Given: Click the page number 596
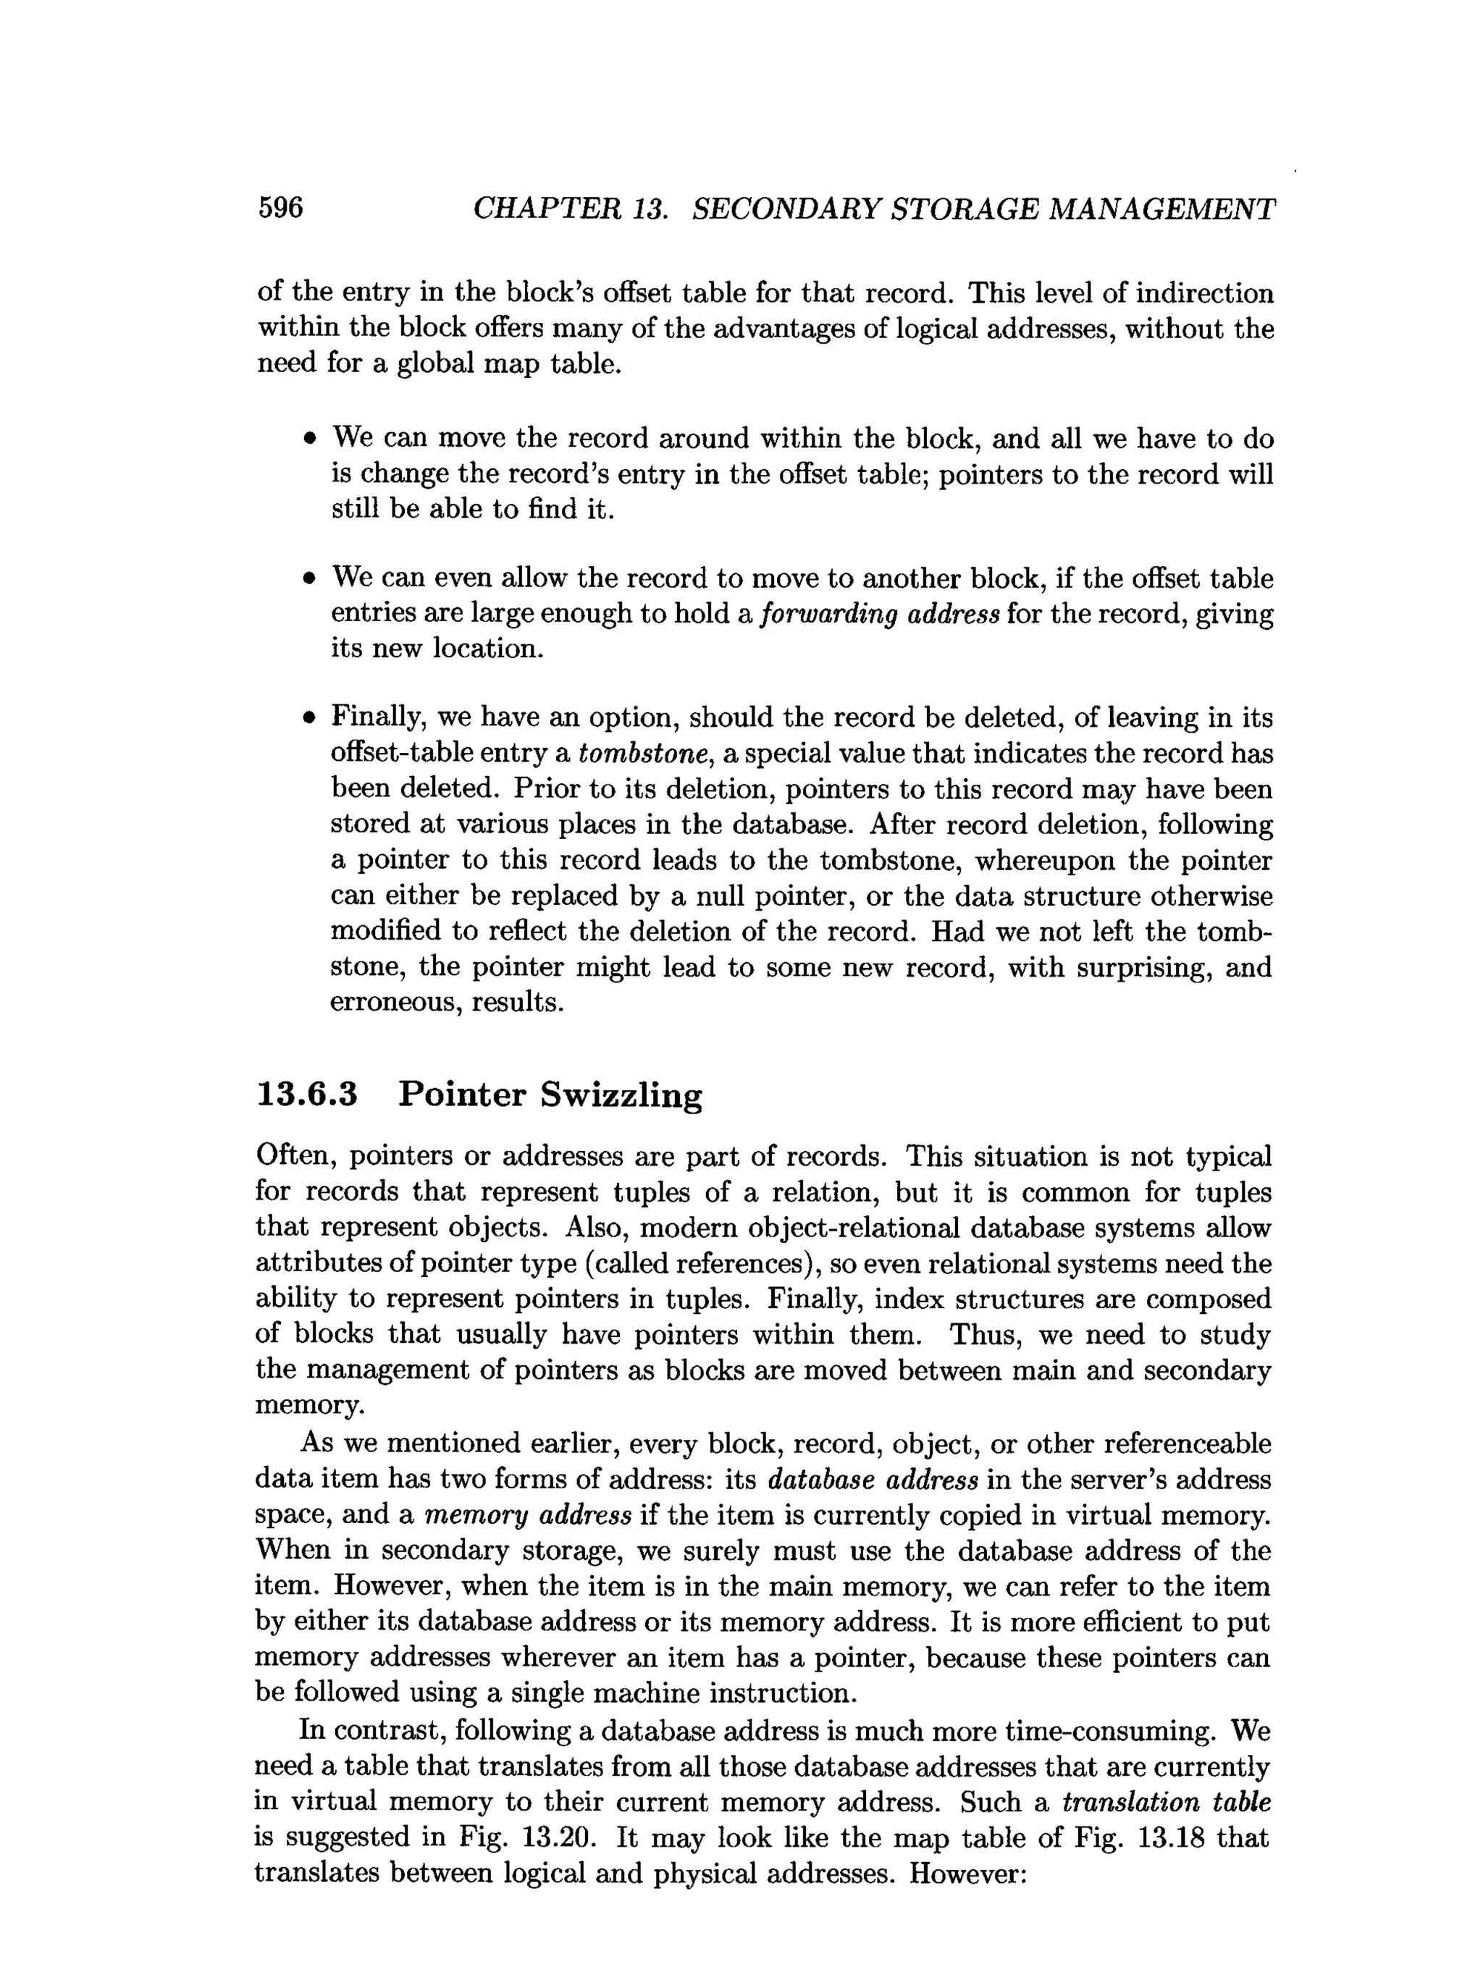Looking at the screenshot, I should [x=281, y=208].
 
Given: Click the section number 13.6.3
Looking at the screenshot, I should [x=306, y=1094].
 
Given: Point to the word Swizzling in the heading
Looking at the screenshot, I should [x=621, y=1095].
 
